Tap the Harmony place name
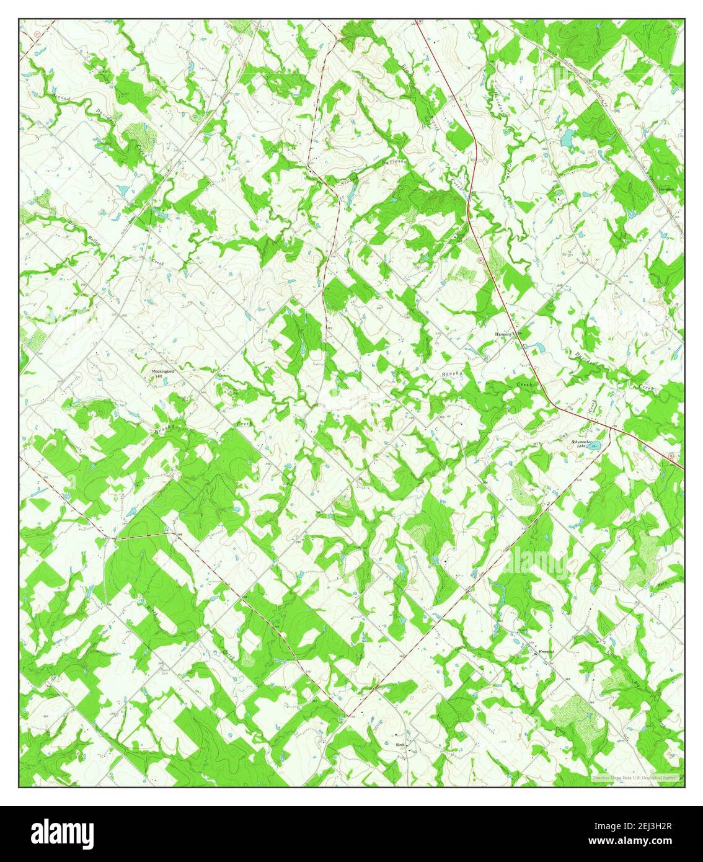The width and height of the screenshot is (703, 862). tap(503, 334)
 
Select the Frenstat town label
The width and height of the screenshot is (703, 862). tap(546, 652)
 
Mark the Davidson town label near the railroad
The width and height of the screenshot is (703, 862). tap(666, 189)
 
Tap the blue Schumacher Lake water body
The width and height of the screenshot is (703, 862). tap(596, 445)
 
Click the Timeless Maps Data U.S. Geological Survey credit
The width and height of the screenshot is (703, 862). tap(635, 778)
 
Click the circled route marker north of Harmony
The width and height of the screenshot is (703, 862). tap(480, 260)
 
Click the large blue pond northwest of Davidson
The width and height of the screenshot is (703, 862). tap(567, 138)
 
